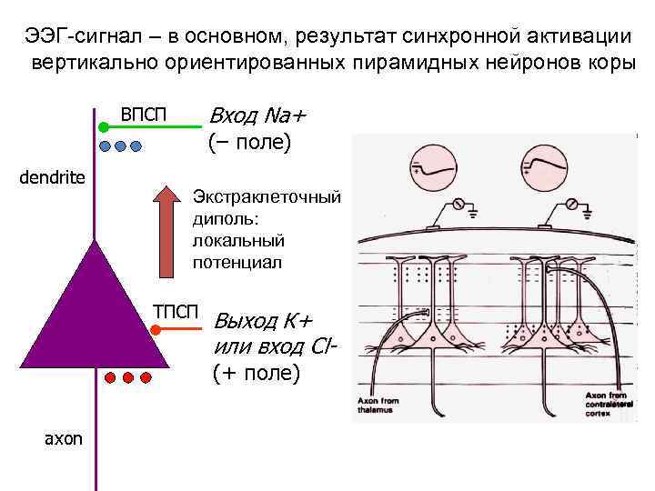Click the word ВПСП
coord(145,115)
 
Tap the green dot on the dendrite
coord(104,128)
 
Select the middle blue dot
coord(120,145)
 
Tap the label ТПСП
coord(175,313)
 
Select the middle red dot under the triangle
coord(128,376)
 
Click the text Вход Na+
coord(258,116)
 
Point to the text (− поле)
coord(248,143)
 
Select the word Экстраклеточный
coord(266,197)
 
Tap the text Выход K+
coord(261,321)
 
